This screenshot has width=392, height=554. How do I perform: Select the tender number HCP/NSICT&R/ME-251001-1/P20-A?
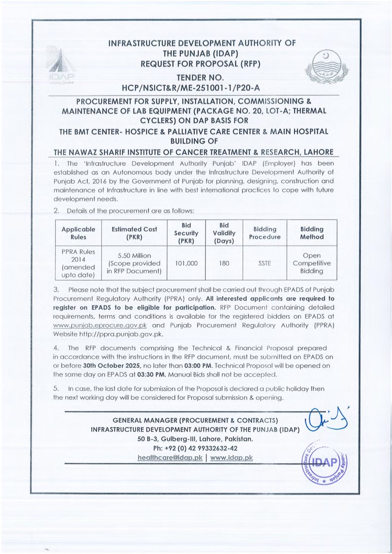[197, 87]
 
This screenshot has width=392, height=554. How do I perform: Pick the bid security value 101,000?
[186, 263]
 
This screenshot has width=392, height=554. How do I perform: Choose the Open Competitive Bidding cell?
[311, 263]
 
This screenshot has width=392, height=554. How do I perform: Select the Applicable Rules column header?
[78, 233]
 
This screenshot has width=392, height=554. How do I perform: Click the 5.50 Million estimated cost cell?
[134, 263]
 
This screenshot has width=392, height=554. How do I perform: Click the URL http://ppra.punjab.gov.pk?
[121, 334]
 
